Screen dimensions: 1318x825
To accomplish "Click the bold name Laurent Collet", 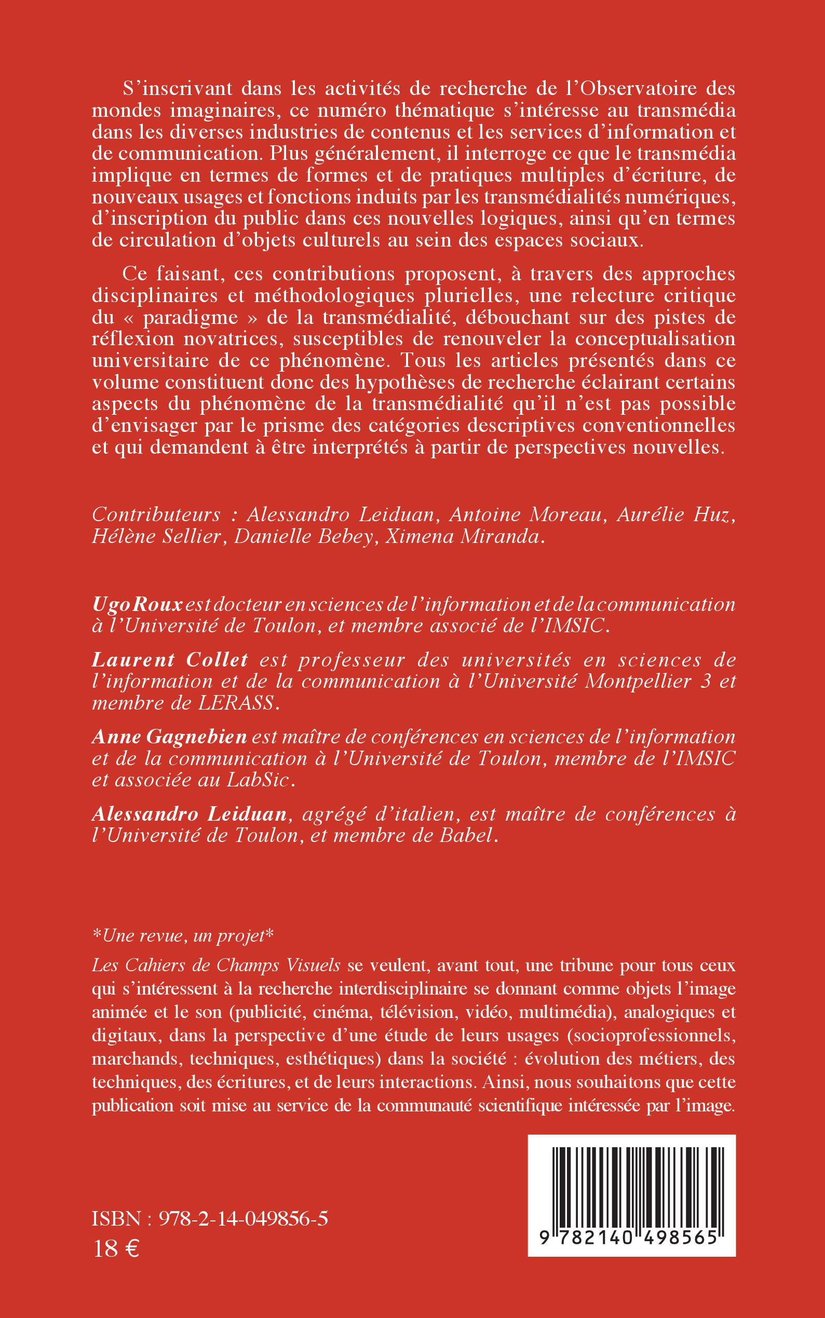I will click(x=170, y=660).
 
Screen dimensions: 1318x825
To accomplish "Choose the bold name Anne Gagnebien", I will click(x=170, y=738).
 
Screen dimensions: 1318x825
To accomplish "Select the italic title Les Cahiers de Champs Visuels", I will click(x=217, y=965).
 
